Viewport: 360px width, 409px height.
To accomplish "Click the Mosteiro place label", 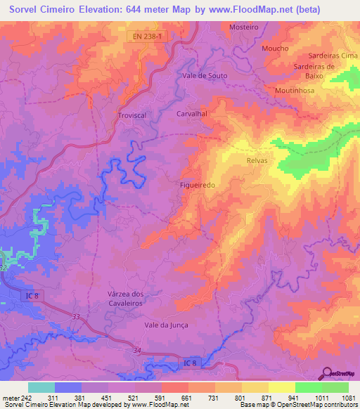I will (x=244, y=27).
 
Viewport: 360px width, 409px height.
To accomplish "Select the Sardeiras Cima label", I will (x=334, y=56).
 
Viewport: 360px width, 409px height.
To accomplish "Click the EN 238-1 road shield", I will (x=150, y=34).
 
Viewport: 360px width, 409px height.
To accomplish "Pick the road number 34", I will (x=137, y=350).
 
